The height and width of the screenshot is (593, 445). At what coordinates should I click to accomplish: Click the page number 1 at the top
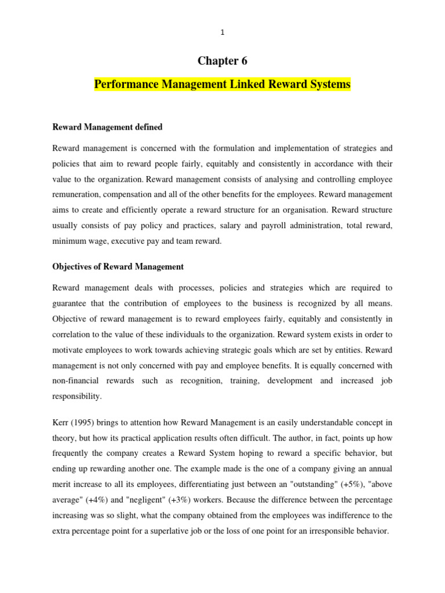coord(222,32)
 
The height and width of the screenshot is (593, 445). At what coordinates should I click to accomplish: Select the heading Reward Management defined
coord(107,127)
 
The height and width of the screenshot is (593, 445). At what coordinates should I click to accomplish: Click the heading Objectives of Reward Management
coord(118,267)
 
